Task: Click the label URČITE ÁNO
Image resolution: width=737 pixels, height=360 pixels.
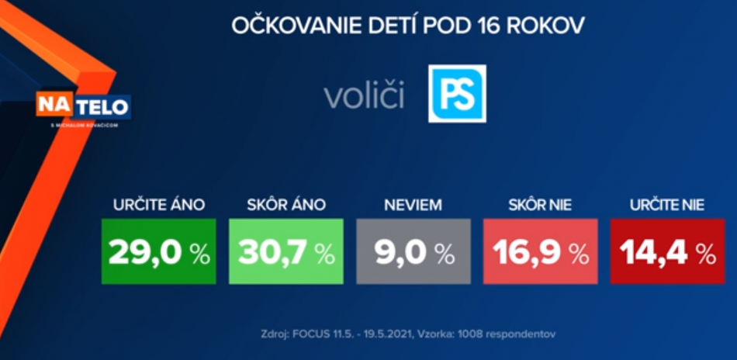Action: pos(159,206)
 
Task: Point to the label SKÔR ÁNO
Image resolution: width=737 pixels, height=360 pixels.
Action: pos(286,206)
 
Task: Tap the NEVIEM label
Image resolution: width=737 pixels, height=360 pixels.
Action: pos(413,206)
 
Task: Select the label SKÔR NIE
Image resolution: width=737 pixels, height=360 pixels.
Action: pos(540,206)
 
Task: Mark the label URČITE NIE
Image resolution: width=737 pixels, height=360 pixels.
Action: pos(666,206)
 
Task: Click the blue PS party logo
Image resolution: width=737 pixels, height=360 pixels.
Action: pos(458,93)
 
